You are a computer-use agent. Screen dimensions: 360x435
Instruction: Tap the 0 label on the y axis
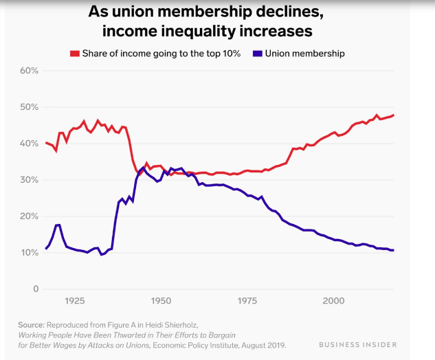[34, 289]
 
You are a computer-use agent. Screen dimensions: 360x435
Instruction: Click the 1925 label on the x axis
[75, 302]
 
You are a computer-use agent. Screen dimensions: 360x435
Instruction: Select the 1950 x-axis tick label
[161, 302]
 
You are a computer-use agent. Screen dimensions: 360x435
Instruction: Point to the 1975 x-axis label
[247, 302]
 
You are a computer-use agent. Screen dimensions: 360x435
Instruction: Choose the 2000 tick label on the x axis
[333, 302]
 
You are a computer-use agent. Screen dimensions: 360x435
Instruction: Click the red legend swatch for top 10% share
[75, 53]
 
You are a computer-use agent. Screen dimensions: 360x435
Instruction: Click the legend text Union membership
[304, 53]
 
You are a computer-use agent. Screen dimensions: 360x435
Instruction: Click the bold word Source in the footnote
[30, 324]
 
